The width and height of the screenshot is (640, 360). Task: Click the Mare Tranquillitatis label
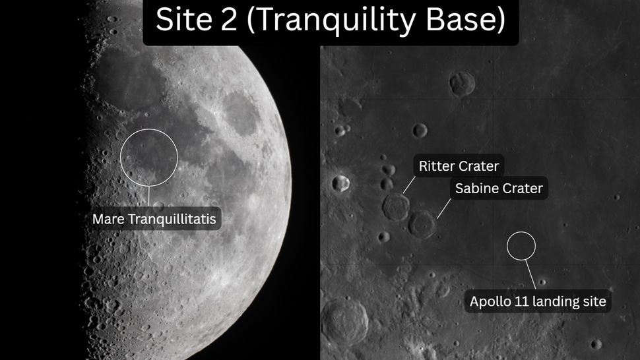point(154,218)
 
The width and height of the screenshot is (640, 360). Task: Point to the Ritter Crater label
point(459,166)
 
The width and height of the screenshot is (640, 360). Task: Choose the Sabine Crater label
point(499,189)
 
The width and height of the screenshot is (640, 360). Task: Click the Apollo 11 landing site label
point(538,302)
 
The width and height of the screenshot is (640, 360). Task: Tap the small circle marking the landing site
point(521,245)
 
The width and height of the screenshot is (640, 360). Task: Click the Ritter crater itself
point(395,206)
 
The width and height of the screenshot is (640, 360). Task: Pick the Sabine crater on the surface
point(422,224)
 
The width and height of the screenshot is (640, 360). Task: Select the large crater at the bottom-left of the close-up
point(343,320)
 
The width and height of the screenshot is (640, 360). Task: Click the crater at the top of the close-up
point(462,83)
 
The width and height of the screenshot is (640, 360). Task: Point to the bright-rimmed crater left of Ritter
point(340,183)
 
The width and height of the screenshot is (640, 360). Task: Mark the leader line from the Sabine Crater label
point(444,208)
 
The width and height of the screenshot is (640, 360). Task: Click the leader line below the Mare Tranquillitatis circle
point(149,196)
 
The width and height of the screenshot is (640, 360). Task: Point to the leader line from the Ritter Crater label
point(409,184)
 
